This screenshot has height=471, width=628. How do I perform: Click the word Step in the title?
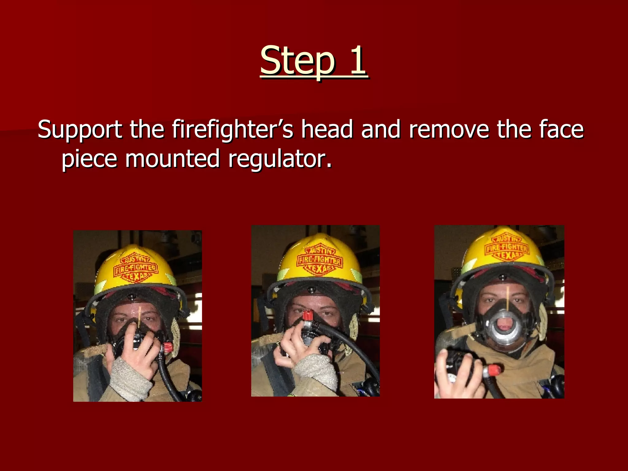tap(297, 61)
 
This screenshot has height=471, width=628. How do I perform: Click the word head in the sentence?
tap(327, 130)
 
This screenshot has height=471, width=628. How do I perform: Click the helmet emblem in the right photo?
tap(507, 248)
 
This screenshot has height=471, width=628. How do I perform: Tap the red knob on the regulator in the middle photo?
tap(308, 315)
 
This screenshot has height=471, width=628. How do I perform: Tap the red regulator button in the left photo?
tap(168, 347)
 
